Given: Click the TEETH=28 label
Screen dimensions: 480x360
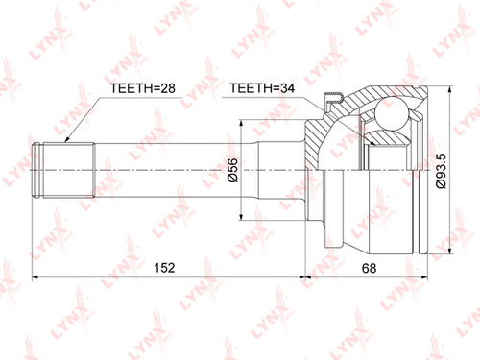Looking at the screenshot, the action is (x=142, y=88).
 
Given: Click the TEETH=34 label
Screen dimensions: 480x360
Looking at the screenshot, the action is (x=262, y=88).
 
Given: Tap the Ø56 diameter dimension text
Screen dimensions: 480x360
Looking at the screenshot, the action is (x=233, y=170).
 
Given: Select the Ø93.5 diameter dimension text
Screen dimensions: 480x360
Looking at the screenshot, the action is (x=441, y=171).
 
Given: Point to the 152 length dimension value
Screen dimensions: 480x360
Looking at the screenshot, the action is (x=164, y=268).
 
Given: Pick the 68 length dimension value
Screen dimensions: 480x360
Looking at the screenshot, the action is (x=369, y=268).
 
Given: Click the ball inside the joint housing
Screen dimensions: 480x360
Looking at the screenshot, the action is (x=391, y=114).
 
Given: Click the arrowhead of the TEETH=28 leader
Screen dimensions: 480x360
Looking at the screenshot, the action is (x=67, y=139).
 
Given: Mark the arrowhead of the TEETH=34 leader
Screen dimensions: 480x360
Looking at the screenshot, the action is (x=372, y=143).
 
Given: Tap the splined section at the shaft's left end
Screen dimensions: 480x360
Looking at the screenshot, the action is (x=69, y=170).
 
